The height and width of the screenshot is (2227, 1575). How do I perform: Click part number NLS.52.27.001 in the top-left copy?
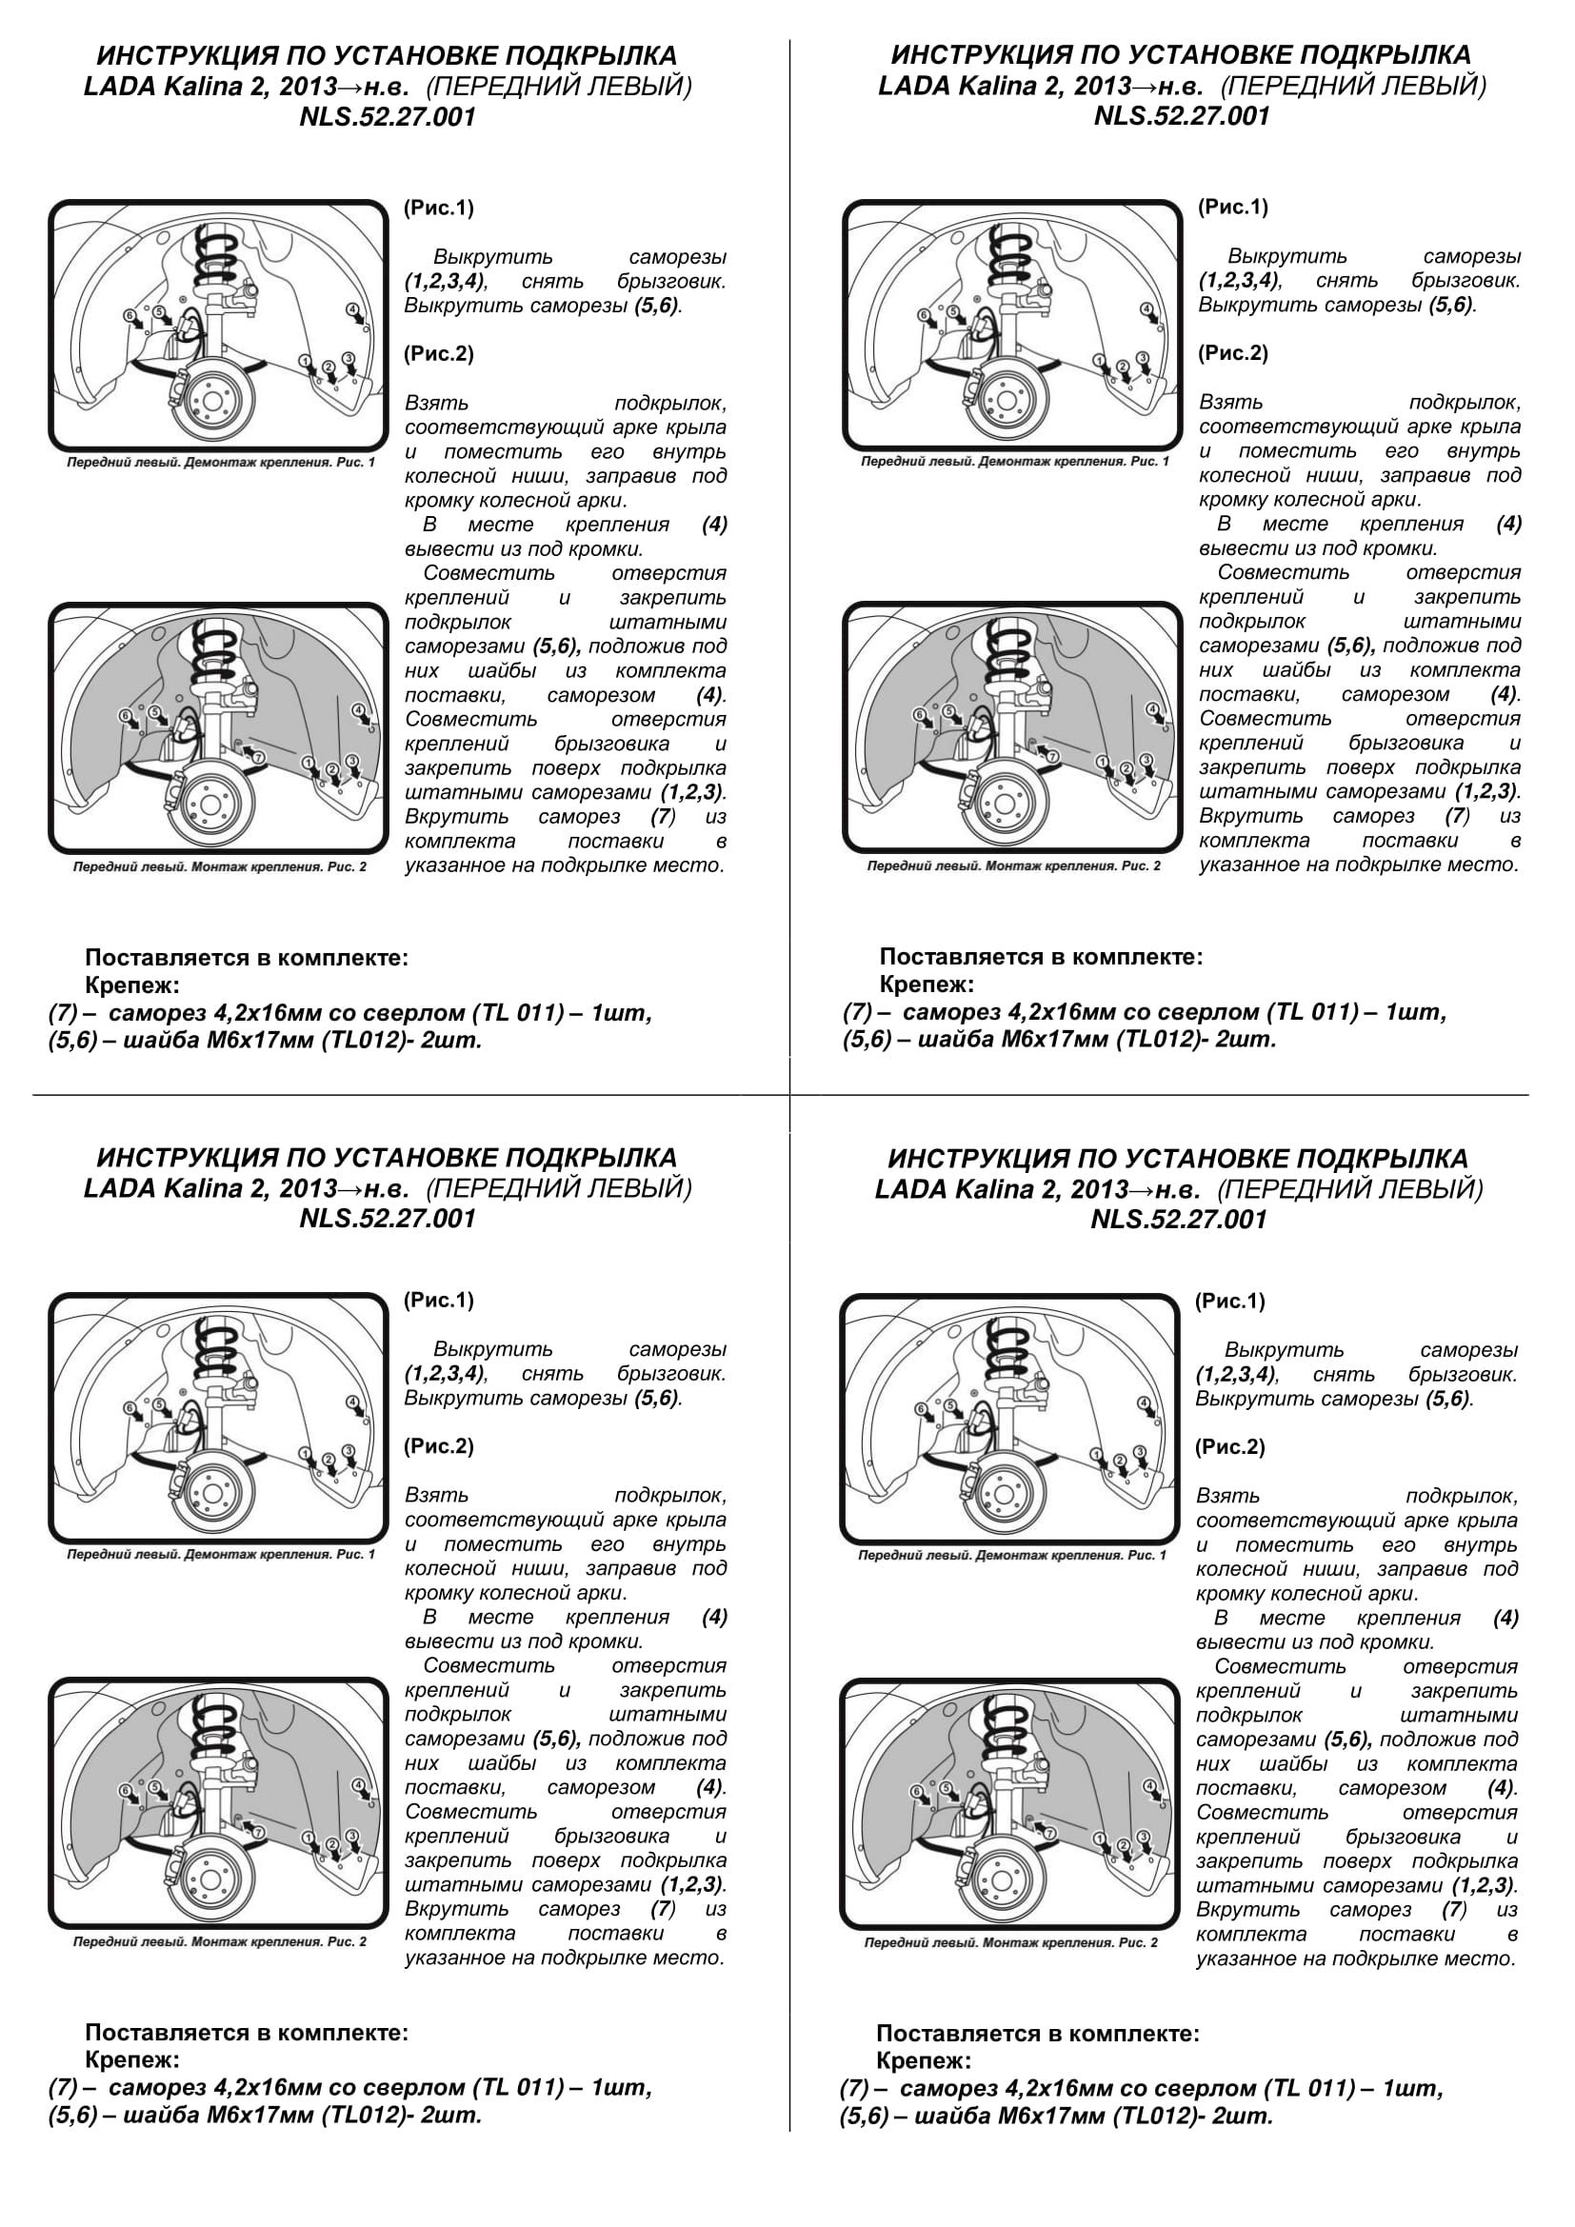(387, 117)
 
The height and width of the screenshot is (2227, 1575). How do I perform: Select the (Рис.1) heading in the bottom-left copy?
(438, 1300)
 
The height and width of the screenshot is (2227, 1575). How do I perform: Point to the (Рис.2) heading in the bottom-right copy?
(1229, 1446)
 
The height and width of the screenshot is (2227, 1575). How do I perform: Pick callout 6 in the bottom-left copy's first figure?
(130, 1407)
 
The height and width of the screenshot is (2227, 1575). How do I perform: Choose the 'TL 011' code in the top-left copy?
(519, 1014)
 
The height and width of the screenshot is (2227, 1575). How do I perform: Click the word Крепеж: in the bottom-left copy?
(133, 2060)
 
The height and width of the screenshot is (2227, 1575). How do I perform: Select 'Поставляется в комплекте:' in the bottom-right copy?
(1038, 2032)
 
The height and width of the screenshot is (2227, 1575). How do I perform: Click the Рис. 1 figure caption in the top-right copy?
(1015, 462)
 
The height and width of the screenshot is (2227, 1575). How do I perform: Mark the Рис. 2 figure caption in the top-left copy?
(220, 866)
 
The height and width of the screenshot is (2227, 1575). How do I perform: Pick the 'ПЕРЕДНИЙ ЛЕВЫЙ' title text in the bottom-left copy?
(559, 1188)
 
